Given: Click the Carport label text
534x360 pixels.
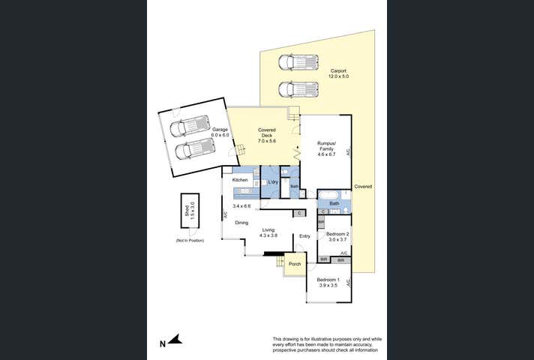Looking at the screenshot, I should click(338, 70).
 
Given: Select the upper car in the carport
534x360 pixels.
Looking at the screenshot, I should click(298, 62).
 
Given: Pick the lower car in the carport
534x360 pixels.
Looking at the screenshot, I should click(298, 89).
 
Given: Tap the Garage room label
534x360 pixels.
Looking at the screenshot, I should click(220, 130).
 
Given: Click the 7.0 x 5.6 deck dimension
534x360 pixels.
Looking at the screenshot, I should click(268, 141).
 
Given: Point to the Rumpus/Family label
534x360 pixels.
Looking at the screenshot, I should click(325, 146).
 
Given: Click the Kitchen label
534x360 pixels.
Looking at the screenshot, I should click(240, 181).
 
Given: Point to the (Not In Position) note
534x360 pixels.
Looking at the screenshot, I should click(190, 240).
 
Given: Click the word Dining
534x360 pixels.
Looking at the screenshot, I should click(241, 222).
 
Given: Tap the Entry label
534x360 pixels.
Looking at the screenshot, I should click(304, 236).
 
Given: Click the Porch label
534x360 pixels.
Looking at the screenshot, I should click(295, 264).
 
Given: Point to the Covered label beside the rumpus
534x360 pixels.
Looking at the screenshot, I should click(363, 186).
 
